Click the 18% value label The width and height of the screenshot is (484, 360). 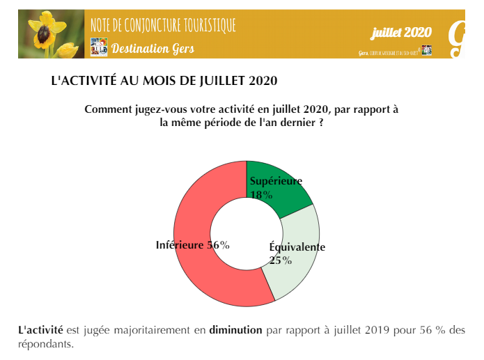(260, 195)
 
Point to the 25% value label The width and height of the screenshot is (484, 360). (280, 260)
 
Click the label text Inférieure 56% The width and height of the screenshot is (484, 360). (192, 245)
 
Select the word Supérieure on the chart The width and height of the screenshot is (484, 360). (276, 182)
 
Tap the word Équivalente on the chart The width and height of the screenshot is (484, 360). (297, 247)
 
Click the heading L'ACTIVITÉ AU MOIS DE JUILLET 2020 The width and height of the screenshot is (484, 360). (164, 81)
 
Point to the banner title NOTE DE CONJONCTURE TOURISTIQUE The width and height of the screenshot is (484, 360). (163, 26)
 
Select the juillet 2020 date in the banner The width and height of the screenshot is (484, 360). (401, 32)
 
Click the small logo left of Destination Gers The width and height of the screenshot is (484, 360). (99, 47)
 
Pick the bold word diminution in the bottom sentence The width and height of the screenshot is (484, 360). (235, 330)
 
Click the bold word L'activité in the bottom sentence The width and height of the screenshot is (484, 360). (40, 330)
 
